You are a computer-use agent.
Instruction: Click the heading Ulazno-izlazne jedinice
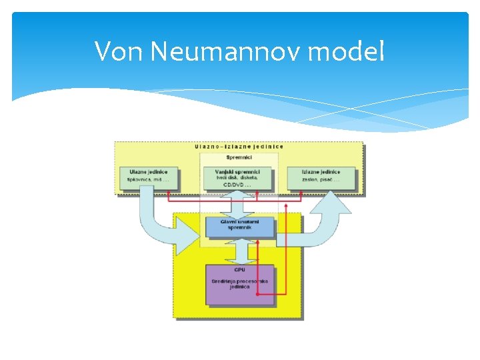[239, 146]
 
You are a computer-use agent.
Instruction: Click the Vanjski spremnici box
[239, 178]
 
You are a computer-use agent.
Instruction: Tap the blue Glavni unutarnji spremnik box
[239, 227]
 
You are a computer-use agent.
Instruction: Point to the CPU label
[239, 269]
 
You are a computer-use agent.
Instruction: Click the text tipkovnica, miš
[144, 180]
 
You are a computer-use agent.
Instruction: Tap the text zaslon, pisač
[321, 180]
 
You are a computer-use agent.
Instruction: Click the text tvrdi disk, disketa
[239, 177]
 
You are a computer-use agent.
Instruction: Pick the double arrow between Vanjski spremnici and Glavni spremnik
[239, 203]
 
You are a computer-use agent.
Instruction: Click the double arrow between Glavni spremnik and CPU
[239, 251]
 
